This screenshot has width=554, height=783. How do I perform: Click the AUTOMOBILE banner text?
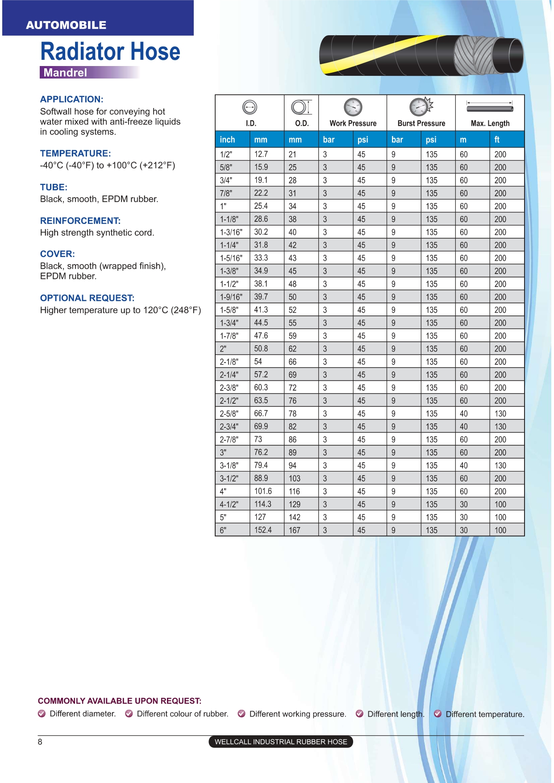[x=66, y=25]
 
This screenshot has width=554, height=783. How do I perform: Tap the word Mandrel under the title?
[x=65, y=73]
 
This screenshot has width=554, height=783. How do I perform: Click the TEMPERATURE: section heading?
[x=75, y=153]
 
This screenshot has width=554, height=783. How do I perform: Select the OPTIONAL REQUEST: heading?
[x=87, y=298]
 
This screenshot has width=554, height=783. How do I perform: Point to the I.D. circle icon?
[x=250, y=107]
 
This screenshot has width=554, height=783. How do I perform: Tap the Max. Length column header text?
[x=490, y=124]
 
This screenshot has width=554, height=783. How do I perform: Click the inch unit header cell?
[x=227, y=140]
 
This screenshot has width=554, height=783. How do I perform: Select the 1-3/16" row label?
[x=231, y=232]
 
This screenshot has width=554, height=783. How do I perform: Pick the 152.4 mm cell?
[x=262, y=530]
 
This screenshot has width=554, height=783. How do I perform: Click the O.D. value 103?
[x=295, y=478]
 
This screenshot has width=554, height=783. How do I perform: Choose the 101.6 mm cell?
[x=263, y=491]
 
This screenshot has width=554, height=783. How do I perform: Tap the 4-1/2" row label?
[x=229, y=504]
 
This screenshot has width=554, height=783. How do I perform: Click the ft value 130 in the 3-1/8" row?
[x=500, y=465]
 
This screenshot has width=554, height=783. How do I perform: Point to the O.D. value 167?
[x=295, y=530]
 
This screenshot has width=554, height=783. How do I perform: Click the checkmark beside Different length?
[x=359, y=714]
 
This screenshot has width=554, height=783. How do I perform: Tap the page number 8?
[x=40, y=742]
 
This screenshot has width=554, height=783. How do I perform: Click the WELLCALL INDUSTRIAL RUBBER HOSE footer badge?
[x=281, y=742]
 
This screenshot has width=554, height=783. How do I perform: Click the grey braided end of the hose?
[x=473, y=56]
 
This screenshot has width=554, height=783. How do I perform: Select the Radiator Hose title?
[x=110, y=51]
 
